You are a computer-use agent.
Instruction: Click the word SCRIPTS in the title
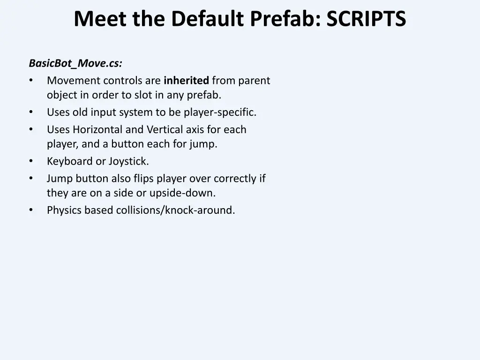[366, 20]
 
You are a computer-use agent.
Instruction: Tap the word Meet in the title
[100, 20]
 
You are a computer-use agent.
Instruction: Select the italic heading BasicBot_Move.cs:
[75, 63]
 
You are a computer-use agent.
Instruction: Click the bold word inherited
[186, 81]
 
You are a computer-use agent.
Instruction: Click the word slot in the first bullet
[142, 95]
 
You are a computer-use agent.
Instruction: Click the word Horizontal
[99, 129]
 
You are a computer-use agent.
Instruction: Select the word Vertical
[165, 129]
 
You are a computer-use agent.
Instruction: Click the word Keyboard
[70, 162]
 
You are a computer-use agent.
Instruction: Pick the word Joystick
[128, 162]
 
